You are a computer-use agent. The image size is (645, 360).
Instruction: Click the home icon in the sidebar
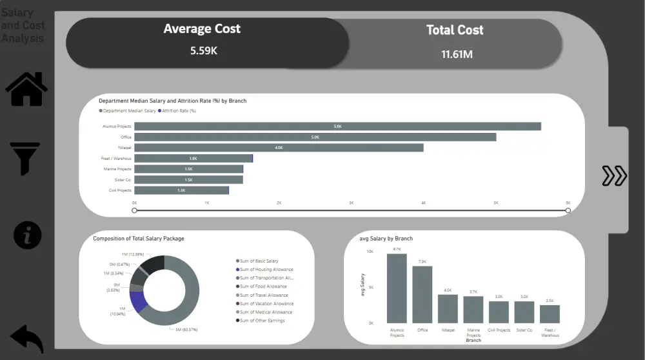click(26, 89)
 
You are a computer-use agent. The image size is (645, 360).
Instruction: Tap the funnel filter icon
click(25, 159)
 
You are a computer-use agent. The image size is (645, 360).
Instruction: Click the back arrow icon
click(27, 338)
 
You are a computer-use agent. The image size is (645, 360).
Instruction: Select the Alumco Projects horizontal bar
click(337, 126)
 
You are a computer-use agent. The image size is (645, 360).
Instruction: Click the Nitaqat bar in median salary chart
click(279, 148)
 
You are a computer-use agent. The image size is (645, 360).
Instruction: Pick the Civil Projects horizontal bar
click(181, 190)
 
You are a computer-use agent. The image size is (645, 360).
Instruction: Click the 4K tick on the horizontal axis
click(424, 203)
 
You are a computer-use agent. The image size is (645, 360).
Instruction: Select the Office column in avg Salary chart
click(422, 294)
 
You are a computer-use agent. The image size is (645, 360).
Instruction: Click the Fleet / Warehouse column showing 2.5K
click(550, 314)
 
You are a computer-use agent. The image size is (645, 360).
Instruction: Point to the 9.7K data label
click(396, 249)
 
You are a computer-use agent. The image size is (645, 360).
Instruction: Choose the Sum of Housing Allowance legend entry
click(266, 270)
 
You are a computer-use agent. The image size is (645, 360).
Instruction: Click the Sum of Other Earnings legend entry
click(262, 321)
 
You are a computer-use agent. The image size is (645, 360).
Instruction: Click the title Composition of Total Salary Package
click(138, 239)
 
